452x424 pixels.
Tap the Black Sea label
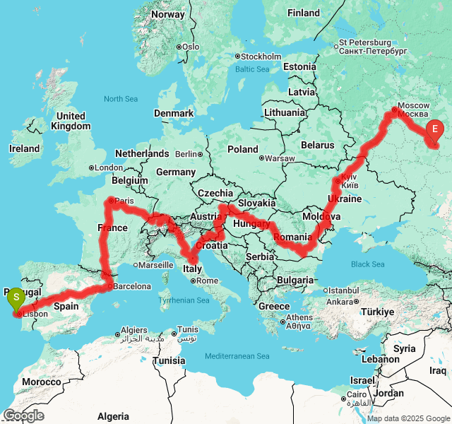[368, 264]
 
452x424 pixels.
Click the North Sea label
[120, 99]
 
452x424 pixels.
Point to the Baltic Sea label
[252, 69]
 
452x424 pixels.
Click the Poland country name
[243, 149]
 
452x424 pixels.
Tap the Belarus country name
[317, 145]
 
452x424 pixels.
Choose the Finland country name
[304, 13]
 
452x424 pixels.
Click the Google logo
[23, 416]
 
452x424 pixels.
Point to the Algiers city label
[134, 330]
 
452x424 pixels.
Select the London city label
[109, 167]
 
